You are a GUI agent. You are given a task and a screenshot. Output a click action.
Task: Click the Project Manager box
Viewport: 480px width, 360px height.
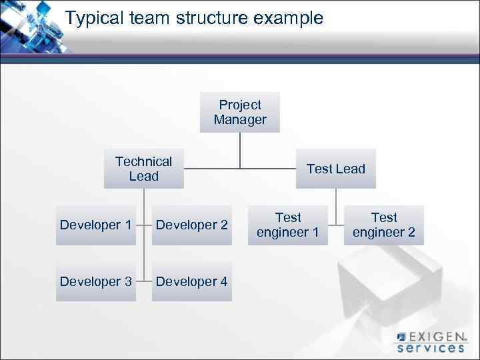tap(240, 112)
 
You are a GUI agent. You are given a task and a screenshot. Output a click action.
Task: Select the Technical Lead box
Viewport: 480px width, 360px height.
tap(143, 169)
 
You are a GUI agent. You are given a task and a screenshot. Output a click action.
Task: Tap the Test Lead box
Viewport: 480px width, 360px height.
tap(336, 169)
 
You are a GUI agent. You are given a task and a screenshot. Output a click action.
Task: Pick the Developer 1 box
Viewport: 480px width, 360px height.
tap(95, 225)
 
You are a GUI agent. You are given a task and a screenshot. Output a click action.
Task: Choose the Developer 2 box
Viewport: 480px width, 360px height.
tap(192, 225)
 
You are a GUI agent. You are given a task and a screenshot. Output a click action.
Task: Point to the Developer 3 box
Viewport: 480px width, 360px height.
tap(95, 281)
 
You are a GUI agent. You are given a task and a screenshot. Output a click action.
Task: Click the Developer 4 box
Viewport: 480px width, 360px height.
tap(192, 281)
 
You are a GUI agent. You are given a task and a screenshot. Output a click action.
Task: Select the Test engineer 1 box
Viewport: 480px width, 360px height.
tap(288, 225)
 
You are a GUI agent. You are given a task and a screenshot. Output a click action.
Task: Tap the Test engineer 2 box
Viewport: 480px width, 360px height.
tap(384, 225)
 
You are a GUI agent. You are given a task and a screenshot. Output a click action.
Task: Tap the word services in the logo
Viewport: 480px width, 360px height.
tap(431, 347)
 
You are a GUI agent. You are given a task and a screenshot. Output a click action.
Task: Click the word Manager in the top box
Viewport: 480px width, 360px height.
tap(240, 120)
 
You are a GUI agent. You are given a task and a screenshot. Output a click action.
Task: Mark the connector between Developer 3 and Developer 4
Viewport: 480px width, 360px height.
tap(143, 281)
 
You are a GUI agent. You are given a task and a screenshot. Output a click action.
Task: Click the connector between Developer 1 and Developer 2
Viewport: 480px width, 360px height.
tap(143, 225)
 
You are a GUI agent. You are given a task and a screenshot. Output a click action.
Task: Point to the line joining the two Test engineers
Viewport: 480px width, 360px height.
tap(336, 225)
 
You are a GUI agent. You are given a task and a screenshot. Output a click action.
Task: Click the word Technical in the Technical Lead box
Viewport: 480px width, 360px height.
tap(143, 161)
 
